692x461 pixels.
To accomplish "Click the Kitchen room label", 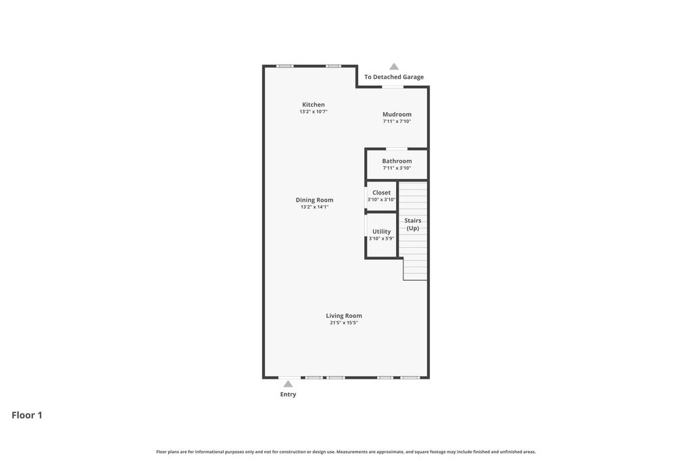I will pyautogui.click(x=313, y=105).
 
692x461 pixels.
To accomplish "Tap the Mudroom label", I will pyautogui.click(x=397, y=114).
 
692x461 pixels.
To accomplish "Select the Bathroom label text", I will pyautogui.click(x=397, y=161).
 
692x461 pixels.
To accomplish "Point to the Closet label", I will pyautogui.click(x=381, y=192).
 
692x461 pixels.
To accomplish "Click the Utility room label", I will pyautogui.click(x=381, y=232).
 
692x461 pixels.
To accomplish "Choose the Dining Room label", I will pyautogui.click(x=314, y=200).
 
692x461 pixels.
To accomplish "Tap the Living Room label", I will pyautogui.click(x=344, y=315).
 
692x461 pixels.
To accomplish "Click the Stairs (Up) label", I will pyautogui.click(x=412, y=224).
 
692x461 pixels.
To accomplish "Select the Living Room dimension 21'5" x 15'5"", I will pyautogui.click(x=344, y=323).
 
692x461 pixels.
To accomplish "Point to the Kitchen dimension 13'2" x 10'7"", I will pyautogui.click(x=313, y=111).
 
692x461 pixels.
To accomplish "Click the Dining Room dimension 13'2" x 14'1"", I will pyautogui.click(x=314, y=207).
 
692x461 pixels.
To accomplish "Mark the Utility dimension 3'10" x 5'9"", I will pyautogui.click(x=381, y=238).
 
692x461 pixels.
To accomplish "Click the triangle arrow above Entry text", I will pyautogui.click(x=288, y=384).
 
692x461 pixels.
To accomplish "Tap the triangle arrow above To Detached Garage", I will pyautogui.click(x=394, y=67).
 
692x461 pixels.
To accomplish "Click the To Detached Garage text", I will pyautogui.click(x=394, y=77).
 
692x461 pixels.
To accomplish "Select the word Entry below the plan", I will pyautogui.click(x=288, y=394).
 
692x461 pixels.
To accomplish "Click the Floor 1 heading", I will pyautogui.click(x=27, y=415).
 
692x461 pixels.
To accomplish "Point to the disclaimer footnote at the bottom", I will pyautogui.click(x=345, y=452).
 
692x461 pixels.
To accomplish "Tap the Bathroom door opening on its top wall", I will pyautogui.click(x=396, y=148).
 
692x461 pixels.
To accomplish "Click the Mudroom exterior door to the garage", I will pyautogui.click(x=393, y=86).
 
